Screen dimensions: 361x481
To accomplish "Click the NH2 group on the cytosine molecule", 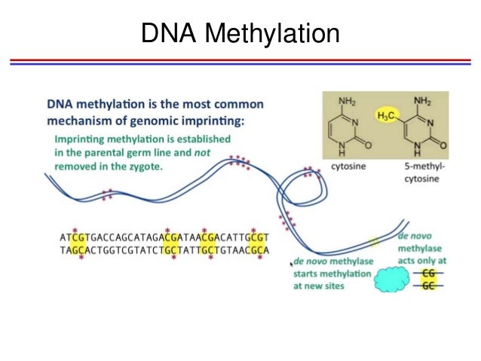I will [x=348, y=101].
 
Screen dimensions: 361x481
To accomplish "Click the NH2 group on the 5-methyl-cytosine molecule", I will [x=424, y=101].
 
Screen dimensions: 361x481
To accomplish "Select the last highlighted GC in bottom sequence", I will [x=255, y=249].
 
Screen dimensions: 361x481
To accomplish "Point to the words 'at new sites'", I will [x=317, y=286].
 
